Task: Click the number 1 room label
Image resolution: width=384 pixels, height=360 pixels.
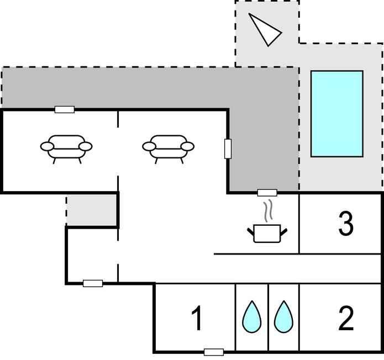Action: click(197, 319)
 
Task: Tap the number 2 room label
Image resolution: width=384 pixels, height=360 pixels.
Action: click(346, 319)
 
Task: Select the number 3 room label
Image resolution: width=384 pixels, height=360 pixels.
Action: click(345, 224)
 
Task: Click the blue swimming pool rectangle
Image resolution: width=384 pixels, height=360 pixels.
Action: click(336, 114)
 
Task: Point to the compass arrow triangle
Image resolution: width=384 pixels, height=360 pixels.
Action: click(265, 29)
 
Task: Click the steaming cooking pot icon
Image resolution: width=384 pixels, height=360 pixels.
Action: click(267, 233)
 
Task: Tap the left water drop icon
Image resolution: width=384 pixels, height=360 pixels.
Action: click(252, 316)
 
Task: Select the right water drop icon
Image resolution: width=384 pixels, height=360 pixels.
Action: click(283, 316)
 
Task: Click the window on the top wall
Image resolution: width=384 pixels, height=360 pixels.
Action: click(65, 110)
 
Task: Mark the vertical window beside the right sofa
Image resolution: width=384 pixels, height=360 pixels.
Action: click(228, 149)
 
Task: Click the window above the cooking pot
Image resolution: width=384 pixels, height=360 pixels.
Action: click(267, 193)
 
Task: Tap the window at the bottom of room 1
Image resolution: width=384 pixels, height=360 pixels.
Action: click(214, 352)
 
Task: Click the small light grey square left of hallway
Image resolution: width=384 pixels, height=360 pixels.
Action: click(92, 210)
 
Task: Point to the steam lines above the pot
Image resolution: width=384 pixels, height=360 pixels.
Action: click(267, 211)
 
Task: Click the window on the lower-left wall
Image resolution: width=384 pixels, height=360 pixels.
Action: click(93, 283)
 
